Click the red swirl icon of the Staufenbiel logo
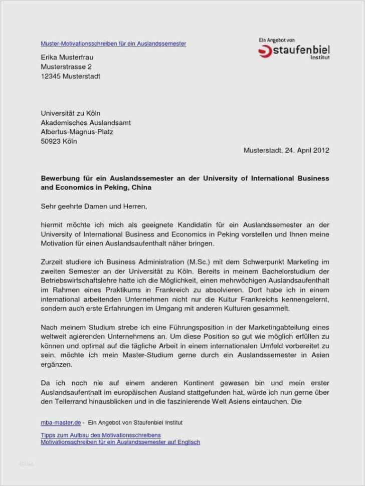(x=265, y=51)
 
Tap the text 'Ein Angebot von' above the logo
(x=276, y=40)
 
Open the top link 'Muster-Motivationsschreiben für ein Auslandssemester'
(x=113, y=44)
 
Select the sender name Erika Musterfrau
(x=67, y=57)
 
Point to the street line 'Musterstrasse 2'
(x=66, y=67)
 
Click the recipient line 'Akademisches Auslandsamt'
(x=86, y=123)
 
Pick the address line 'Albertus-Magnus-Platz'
(x=77, y=132)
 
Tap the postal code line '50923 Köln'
(x=59, y=141)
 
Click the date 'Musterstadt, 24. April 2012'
(x=286, y=150)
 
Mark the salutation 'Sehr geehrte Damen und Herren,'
(x=94, y=206)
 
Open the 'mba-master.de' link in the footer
(x=61, y=423)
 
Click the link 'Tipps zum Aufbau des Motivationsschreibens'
(x=101, y=435)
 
